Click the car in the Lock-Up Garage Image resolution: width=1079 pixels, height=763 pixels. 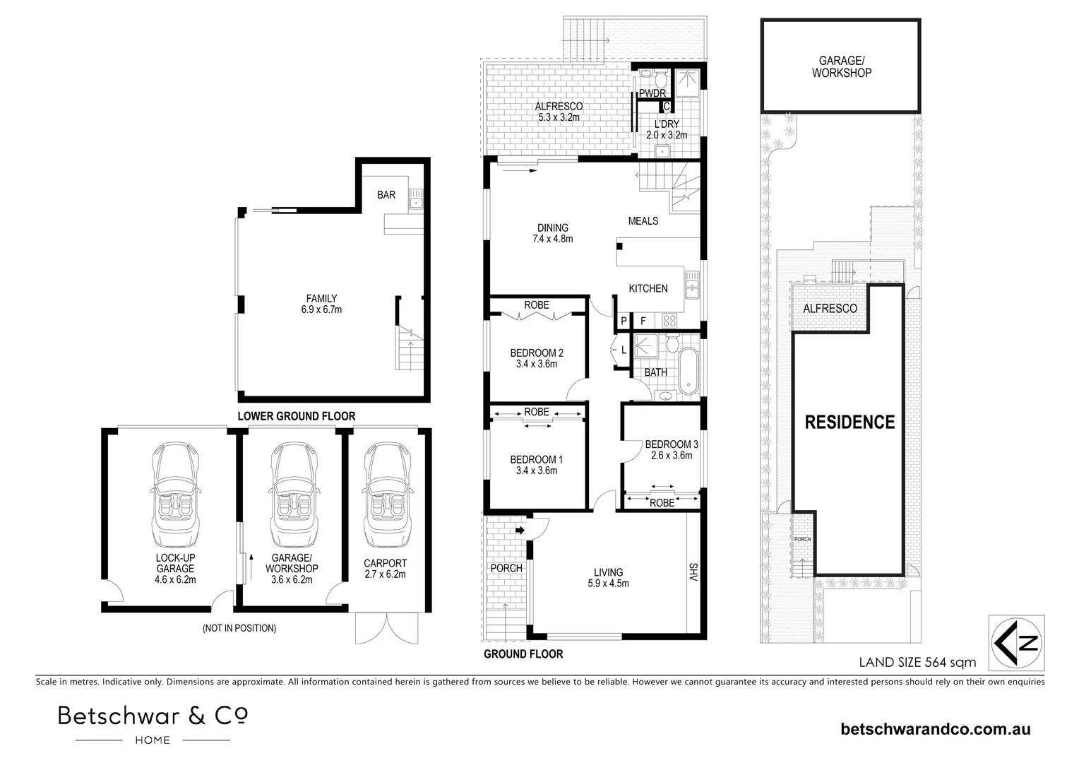pyautogui.click(x=175, y=495)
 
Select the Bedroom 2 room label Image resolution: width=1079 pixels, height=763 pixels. pyautogui.click(x=537, y=353)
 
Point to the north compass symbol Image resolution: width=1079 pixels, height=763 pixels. pyautogui.click(x=1018, y=642)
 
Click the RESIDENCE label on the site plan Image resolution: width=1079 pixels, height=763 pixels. pyautogui.click(x=850, y=422)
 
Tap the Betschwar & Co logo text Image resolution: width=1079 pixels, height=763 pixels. pyautogui.click(x=153, y=716)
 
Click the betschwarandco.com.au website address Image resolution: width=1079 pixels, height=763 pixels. pyautogui.click(x=936, y=729)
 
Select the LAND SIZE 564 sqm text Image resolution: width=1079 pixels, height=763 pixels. pyautogui.click(x=917, y=663)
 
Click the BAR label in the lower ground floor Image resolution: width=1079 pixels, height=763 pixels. pyautogui.click(x=386, y=195)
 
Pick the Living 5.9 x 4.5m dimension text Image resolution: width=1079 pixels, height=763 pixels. pyautogui.click(x=608, y=584)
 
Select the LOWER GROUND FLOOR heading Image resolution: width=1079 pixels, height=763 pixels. pyautogui.click(x=297, y=416)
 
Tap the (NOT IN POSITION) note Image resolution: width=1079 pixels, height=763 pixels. pyautogui.click(x=239, y=628)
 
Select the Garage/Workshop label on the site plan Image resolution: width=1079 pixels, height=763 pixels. pyautogui.click(x=841, y=67)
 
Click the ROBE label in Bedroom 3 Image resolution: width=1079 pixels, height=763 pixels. pyautogui.click(x=662, y=503)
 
